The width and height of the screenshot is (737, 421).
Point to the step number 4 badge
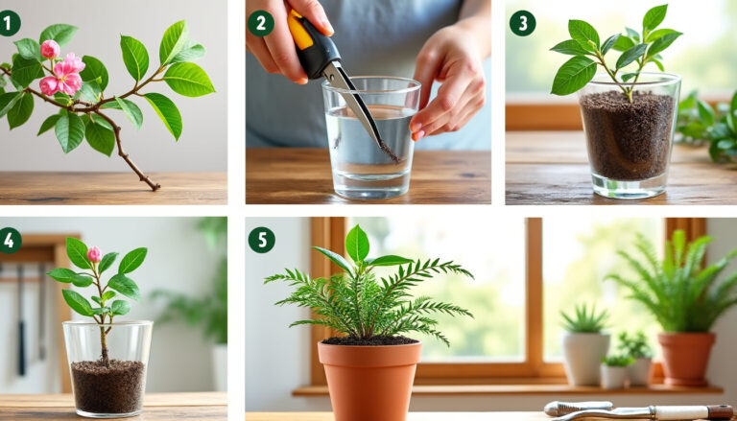click(10, 240)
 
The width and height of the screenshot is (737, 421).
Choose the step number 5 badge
click(261, 240)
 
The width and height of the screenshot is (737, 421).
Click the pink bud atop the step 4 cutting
click(94, 254)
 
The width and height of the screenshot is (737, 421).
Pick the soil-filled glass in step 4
click(107, 369)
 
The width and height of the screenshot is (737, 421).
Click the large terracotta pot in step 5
click(369, 379)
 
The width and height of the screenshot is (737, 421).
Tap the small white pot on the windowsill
click(584, 358)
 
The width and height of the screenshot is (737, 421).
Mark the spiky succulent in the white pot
click(584, 320)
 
